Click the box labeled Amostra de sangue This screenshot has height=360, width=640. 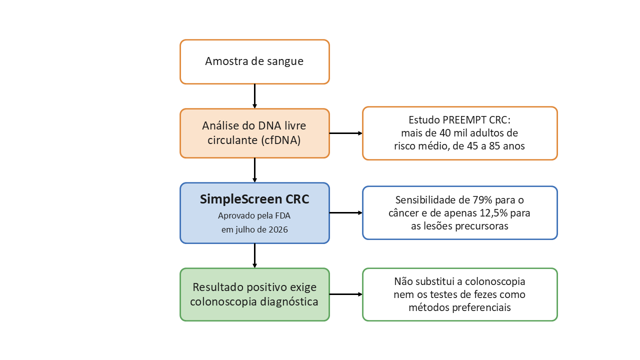point(254,61)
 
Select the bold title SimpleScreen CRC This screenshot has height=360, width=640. point(254,199)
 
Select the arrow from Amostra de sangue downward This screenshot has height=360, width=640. point(254,96)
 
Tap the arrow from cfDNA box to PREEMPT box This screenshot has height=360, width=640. point(346,133)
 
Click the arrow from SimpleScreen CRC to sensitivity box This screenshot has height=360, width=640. point(346,212)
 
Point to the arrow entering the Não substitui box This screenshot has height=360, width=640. point(346,294)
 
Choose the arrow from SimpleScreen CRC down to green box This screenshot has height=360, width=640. point(254,255)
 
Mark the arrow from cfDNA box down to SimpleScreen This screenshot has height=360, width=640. point(254,170)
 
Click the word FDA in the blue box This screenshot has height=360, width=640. point(283,215)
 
